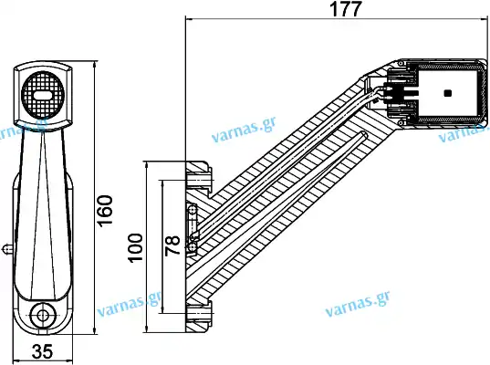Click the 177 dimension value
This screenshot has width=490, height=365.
click(346, 9)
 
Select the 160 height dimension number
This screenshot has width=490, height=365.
click(105, 210)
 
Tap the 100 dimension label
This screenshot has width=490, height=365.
click(135, 247)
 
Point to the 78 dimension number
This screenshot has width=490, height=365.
click(172, 245)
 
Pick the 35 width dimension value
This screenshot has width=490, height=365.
click(43, 351)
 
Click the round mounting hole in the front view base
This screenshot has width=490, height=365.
click(43, 316)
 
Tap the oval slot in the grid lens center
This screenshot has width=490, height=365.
click(43, 95)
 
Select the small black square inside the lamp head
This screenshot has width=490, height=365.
click(447, 93)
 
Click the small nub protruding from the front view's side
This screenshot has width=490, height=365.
click(7, 249)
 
